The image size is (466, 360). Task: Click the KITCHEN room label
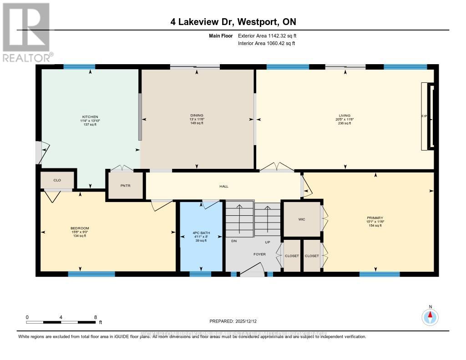90,117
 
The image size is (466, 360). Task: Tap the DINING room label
197,116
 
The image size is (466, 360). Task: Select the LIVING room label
344,116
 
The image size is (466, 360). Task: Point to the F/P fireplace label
424,117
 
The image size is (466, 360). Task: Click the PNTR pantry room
125,186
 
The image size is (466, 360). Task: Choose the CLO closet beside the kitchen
57,180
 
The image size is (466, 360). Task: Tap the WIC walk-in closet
301,219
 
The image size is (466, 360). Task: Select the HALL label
223,186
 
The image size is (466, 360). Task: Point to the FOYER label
259,254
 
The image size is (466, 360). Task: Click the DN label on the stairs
234,242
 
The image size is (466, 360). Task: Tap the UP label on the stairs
268,242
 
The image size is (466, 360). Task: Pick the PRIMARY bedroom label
375,218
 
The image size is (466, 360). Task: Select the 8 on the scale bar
96,317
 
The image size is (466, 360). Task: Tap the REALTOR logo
27,32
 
